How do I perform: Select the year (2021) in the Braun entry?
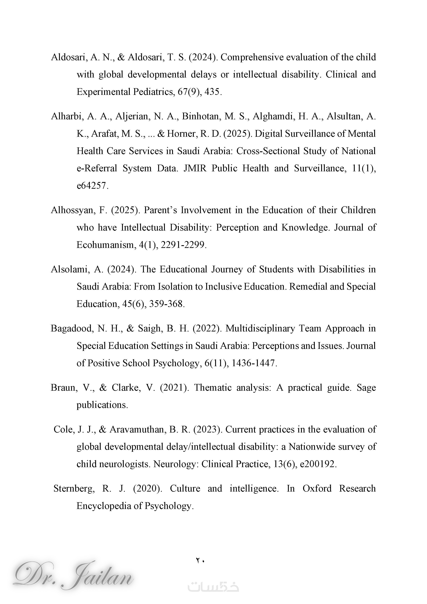point(174,388)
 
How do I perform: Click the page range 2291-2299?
point(183,245)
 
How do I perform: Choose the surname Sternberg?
point(74,488)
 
